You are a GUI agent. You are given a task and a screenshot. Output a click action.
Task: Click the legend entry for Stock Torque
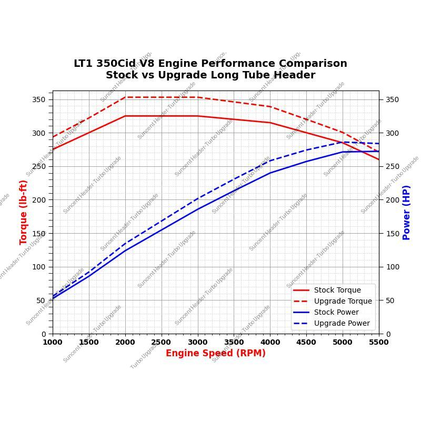pyautogui.click(x=337, y=290)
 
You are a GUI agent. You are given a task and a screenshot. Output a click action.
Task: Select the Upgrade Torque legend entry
pyautogui.click(x=343, y=301)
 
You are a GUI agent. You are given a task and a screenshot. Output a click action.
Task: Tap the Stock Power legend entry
pyautogui.click(x=336, y=312)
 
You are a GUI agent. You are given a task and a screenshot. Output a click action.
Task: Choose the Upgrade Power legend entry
pyautogui.click(x=342, y=323)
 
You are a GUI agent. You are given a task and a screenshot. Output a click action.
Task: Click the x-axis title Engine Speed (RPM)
pyautogui.click(x=215, y=353)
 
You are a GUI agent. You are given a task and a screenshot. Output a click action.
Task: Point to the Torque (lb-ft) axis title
pyautogui.click(x=24, y=212)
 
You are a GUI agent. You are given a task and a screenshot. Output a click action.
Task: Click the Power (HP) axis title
pyautogui.click(x=406, y=212)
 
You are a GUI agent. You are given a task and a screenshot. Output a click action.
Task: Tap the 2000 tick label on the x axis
pyautogui.click(x=125, y=342)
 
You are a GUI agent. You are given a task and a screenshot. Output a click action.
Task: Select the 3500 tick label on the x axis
pyautogui.click(x=234, y=342)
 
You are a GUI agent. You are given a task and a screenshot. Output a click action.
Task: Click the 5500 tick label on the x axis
pyautogui.click(x=378, y=342)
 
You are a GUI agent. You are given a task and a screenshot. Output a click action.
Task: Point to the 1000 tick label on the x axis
pyautogui.click(x=53, y=342)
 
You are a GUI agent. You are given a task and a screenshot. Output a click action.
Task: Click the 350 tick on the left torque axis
pyautogui.click(x=39, y=99)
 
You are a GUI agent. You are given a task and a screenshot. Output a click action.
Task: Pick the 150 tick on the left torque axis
pyautogui.click(x=39, y=233)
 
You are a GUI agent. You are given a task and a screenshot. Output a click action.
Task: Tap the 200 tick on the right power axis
pyautogui.click(x=392, y=200)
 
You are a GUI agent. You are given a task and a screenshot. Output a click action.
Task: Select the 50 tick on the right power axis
pyautogui.click(x=390, y=300)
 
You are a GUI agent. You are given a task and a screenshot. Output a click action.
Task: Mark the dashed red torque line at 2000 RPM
pyautogui.click(x=125, y=97)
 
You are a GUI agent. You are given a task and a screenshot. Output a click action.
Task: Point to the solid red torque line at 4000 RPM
pyautogui.click(x=270, y=123)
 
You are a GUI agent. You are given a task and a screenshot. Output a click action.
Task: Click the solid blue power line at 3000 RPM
pyautogui.click(x=198, y=209)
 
